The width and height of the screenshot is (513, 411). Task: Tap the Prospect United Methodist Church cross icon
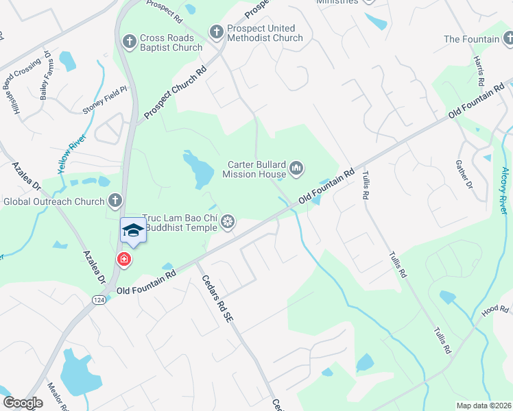tap(215, 33)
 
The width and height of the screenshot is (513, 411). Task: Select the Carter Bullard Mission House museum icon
tap(296, 168)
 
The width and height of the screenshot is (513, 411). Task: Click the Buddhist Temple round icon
tap(228, 221)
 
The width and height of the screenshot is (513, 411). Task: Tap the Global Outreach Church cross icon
tap(115, 201)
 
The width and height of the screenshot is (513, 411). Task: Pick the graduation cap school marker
tap(133, 231)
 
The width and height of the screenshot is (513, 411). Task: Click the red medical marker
tap(124, 260)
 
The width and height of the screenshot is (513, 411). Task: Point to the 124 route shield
tap(99, 299)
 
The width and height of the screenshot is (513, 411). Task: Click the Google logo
tap(23, 403)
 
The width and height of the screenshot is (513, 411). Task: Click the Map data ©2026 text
tap(484, 405)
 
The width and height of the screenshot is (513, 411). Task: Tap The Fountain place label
tap(471, 39)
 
